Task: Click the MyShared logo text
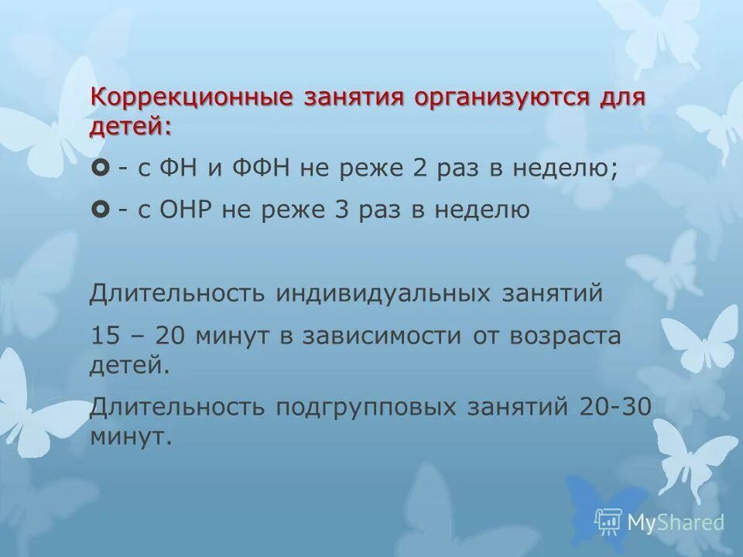tap(676, 522)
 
